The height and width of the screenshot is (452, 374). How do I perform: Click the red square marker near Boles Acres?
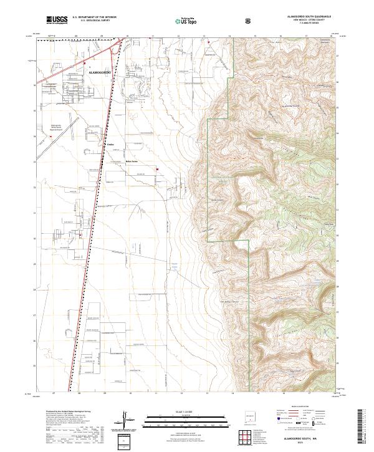click(158, 169)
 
